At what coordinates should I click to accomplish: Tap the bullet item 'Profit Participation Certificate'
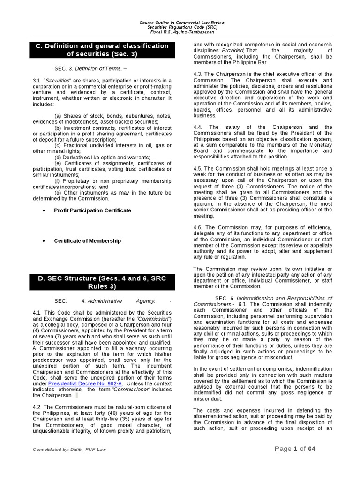(x=92, y=210)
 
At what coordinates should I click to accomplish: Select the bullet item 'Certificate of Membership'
(x=87, y=241)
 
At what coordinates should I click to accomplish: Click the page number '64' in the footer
(x=312, y=449)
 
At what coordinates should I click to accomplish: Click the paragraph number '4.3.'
(x=199, y=74)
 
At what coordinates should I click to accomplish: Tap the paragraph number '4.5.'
(x=199, y=168)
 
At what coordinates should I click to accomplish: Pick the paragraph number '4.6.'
(x=199, y=227)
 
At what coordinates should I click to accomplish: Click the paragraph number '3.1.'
(x=38, y=80)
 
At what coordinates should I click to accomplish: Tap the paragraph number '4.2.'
(x=38, y=407)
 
